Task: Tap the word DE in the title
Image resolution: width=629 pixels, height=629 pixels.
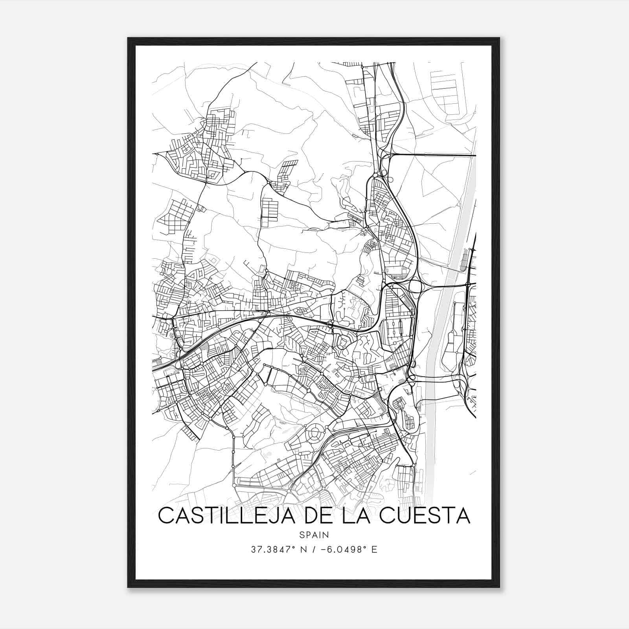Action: (x=314, y=516)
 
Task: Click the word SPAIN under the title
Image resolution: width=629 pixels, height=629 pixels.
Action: (x=314, y=535)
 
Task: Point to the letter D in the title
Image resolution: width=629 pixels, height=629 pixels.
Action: (x=307, y=516)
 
